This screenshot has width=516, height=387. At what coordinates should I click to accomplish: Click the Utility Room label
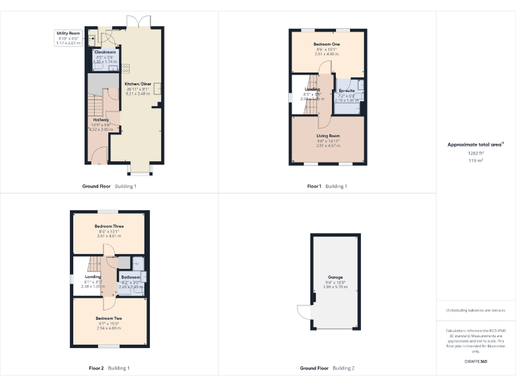(68, 33)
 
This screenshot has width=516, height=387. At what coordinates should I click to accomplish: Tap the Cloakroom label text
(105, 52)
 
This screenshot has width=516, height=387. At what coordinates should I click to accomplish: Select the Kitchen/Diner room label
(138, 84)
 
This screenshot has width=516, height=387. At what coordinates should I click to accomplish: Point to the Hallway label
(101, 120)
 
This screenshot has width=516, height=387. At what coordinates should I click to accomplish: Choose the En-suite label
(347, 91)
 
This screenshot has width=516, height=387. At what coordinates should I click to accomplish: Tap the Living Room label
(329, 136)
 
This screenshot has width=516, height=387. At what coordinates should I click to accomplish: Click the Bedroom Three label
(109, 226)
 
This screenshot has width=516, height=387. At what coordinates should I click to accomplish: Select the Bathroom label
(130, 277)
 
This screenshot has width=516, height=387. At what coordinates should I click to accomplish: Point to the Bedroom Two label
(108, 318)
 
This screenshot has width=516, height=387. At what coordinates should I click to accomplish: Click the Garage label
(336, 276)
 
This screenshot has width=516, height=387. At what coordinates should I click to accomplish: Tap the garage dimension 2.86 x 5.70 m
(336, 286)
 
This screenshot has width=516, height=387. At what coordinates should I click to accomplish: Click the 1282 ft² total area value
(476, 153)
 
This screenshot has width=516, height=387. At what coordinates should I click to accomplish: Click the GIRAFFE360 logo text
(476, 362)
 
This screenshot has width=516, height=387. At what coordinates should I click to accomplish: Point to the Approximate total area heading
(475, 144)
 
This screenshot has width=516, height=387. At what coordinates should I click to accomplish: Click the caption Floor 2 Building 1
(108, 368)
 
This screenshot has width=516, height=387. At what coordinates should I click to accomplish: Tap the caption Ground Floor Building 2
(327, 368)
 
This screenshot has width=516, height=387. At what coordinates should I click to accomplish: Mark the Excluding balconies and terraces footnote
(476, 310)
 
